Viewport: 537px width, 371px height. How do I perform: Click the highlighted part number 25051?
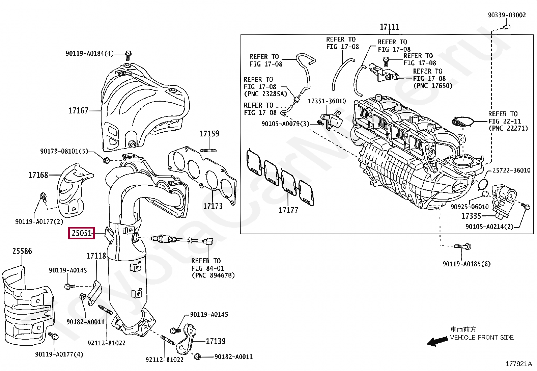(x=82, y=233)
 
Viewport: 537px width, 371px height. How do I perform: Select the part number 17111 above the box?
(x=389, y=27)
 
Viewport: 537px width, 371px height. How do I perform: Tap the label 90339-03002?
(x=507, y=15)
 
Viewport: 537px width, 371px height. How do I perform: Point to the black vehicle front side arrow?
(x=437, y=342)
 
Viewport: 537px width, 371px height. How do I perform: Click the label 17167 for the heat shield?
(x=78, y=110)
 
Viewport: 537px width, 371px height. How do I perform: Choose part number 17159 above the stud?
(x=209, y=134)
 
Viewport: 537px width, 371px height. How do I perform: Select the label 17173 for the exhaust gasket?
(x=213, y=206)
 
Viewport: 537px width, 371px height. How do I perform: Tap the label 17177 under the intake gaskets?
(x=288, y=210)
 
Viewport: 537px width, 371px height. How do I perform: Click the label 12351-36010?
(x=327, y=101)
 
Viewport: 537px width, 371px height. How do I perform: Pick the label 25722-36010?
(x=511, y=170)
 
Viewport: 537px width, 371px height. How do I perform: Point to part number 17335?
(x=471, y=216)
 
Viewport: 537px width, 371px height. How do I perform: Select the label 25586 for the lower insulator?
(x=22, y=251)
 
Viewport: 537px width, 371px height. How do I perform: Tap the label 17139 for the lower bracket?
(x=216, y=341)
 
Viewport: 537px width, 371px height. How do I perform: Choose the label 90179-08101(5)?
(x=64, y=151)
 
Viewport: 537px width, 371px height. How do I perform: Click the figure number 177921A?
(x=518, y=364)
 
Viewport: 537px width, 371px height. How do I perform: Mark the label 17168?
(x=38, y=175)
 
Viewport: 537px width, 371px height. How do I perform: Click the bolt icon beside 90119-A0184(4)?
(x=128, y=54)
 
